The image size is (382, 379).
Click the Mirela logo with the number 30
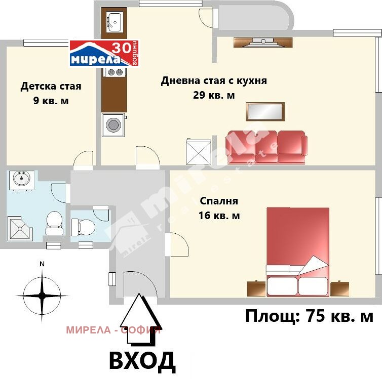[103, 54]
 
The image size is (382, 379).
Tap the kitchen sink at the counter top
[113, 21]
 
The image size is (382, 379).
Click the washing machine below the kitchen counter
[113, 125]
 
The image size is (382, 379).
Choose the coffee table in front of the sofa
[265, 111]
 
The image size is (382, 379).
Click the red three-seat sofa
[266, 147]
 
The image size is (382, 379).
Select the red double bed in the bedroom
[298, 250]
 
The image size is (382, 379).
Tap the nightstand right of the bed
[339, 288]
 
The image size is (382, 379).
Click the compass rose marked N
[42, 293]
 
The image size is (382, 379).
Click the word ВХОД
[142, 361]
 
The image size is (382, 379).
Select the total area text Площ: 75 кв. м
[309, 317]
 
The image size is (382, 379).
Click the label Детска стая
[51, 86]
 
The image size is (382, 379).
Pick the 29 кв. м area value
[214, 95]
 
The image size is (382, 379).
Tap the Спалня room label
[219, 201]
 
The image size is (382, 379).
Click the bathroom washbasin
[21, 179]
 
